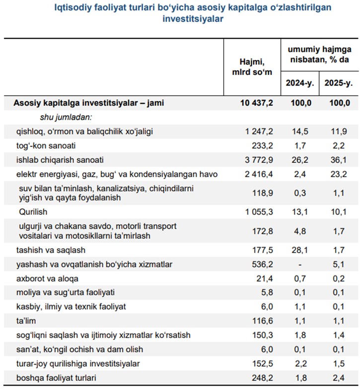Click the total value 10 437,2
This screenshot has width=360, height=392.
point(257,103)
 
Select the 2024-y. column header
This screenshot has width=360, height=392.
point(300,83)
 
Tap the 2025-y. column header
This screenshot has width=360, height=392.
point(339,83)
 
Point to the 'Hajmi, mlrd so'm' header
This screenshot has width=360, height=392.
point(252,67)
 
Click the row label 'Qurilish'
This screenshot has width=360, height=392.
point(33,212)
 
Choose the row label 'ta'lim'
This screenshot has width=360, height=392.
point(26,321)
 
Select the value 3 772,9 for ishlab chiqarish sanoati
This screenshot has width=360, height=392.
point(259,160)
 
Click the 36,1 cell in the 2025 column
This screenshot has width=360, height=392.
point(339,160)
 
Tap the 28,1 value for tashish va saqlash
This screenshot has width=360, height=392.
point(300,250)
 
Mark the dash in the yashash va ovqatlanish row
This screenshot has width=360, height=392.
point(300,264)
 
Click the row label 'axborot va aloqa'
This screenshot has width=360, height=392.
point(47,278)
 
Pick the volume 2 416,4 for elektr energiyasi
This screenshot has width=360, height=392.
point(259,174)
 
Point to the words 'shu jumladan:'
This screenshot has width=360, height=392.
point(66,117)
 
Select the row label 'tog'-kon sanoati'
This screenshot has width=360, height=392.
point(46,146)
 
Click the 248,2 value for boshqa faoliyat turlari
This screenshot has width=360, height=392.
point(263,378)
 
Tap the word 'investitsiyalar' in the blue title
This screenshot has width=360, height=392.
point(193,19)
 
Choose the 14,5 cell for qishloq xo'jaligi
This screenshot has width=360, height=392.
point(300,131)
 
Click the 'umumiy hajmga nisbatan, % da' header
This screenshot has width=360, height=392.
point(319,54)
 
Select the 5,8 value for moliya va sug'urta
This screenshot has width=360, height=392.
point(267,292)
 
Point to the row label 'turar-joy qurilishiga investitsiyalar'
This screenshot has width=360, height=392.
point(78,364)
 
